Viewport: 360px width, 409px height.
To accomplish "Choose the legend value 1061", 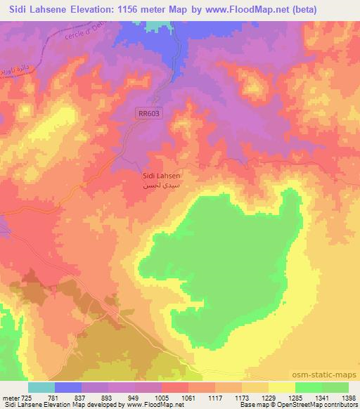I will point(189,397).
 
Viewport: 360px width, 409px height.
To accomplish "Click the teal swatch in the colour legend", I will point(41,387).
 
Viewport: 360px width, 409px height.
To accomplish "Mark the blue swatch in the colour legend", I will point(68,387).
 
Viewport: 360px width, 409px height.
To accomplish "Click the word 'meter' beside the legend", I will point(10,397).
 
